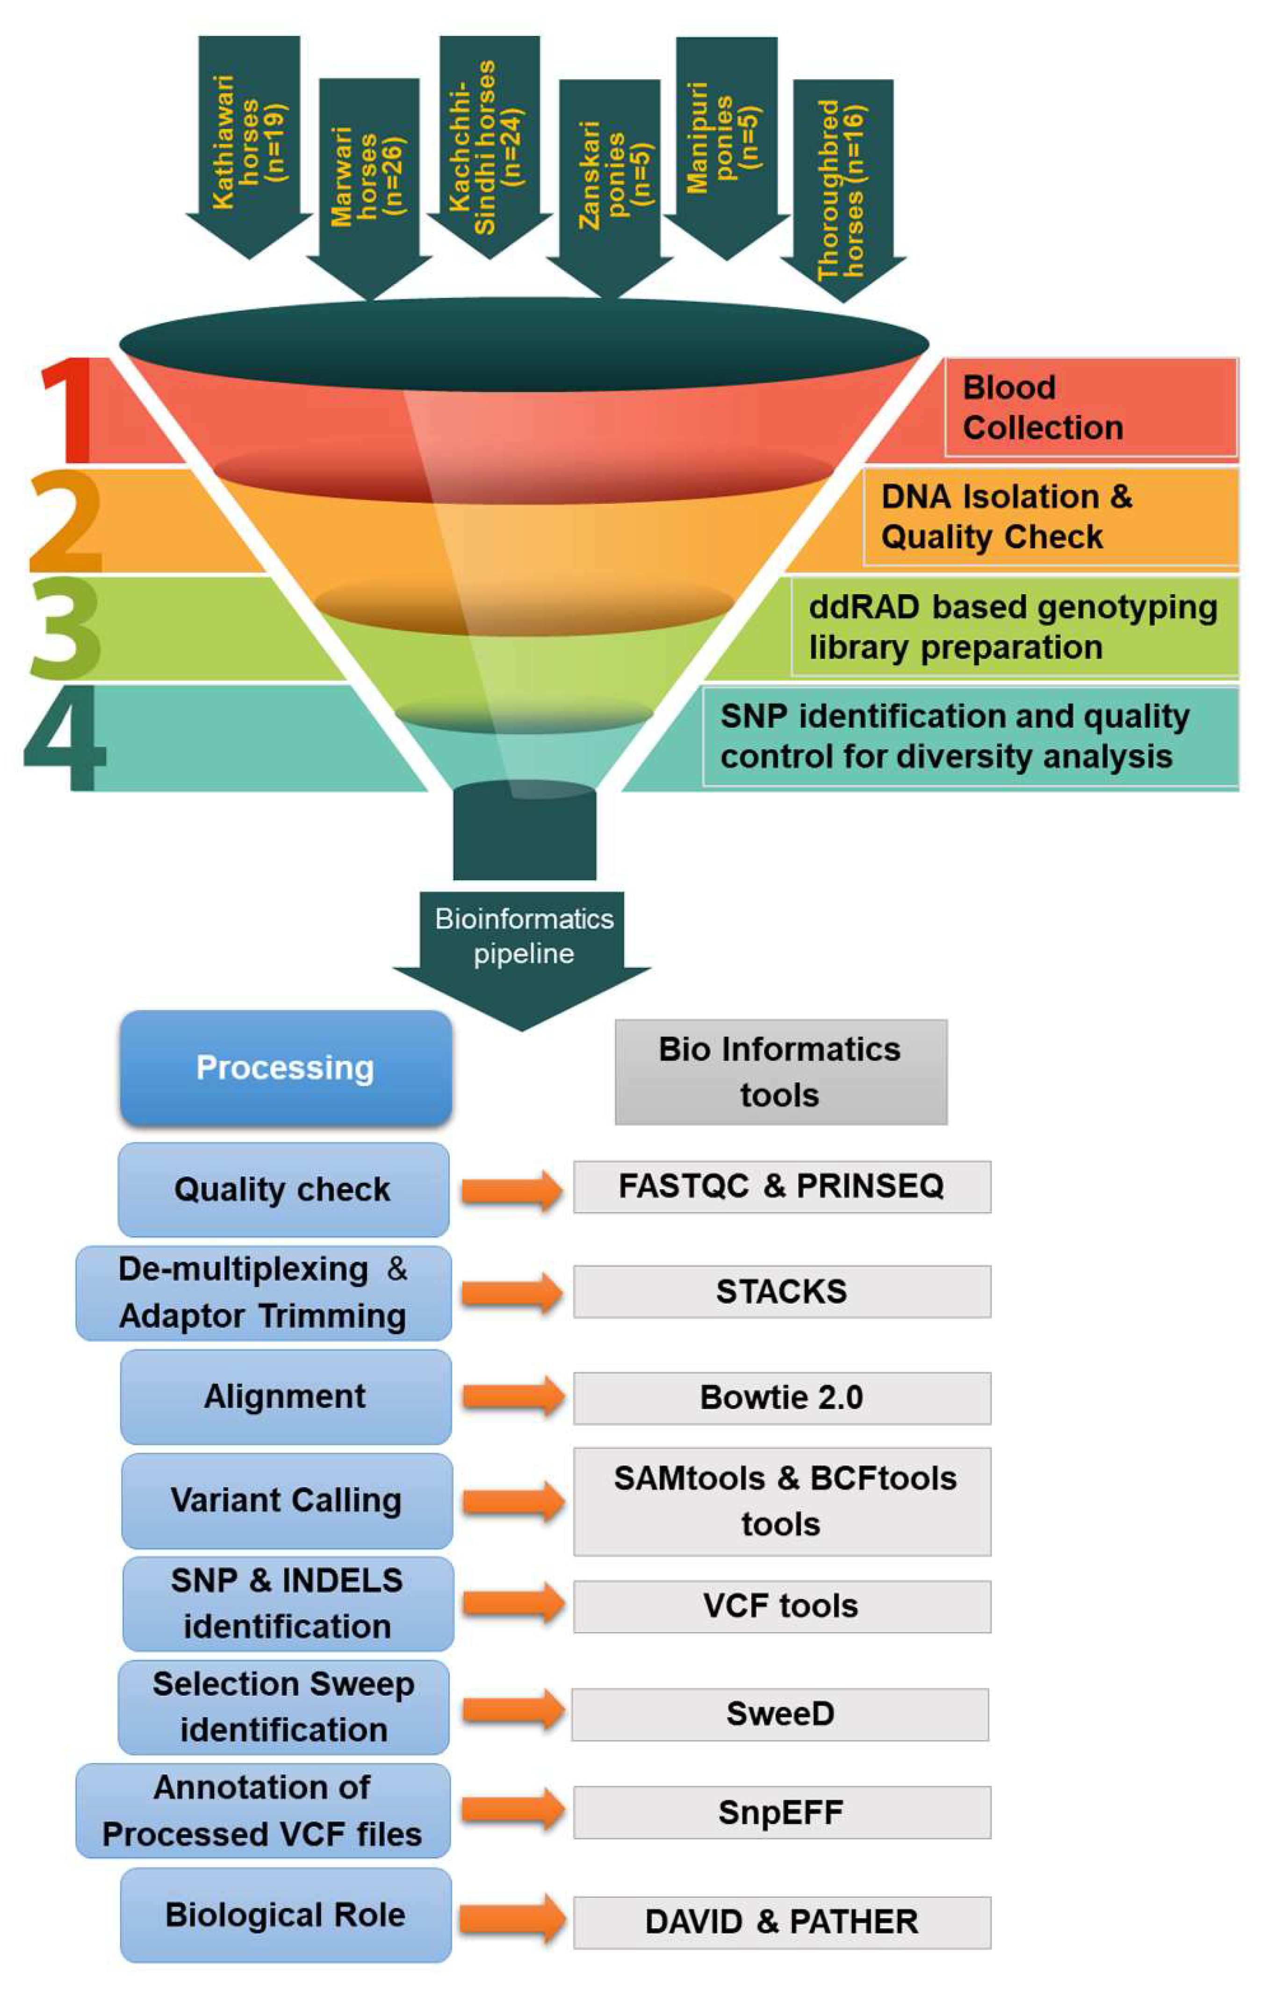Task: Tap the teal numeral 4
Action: (66, 739)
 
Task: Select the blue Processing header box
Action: (285, 1068)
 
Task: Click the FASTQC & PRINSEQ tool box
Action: (781, 1186)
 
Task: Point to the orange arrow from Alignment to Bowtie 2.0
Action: (512, 1396)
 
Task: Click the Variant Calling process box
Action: (286, 1500)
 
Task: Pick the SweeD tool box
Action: (780, 1714)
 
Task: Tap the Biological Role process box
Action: (285, 1915)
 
